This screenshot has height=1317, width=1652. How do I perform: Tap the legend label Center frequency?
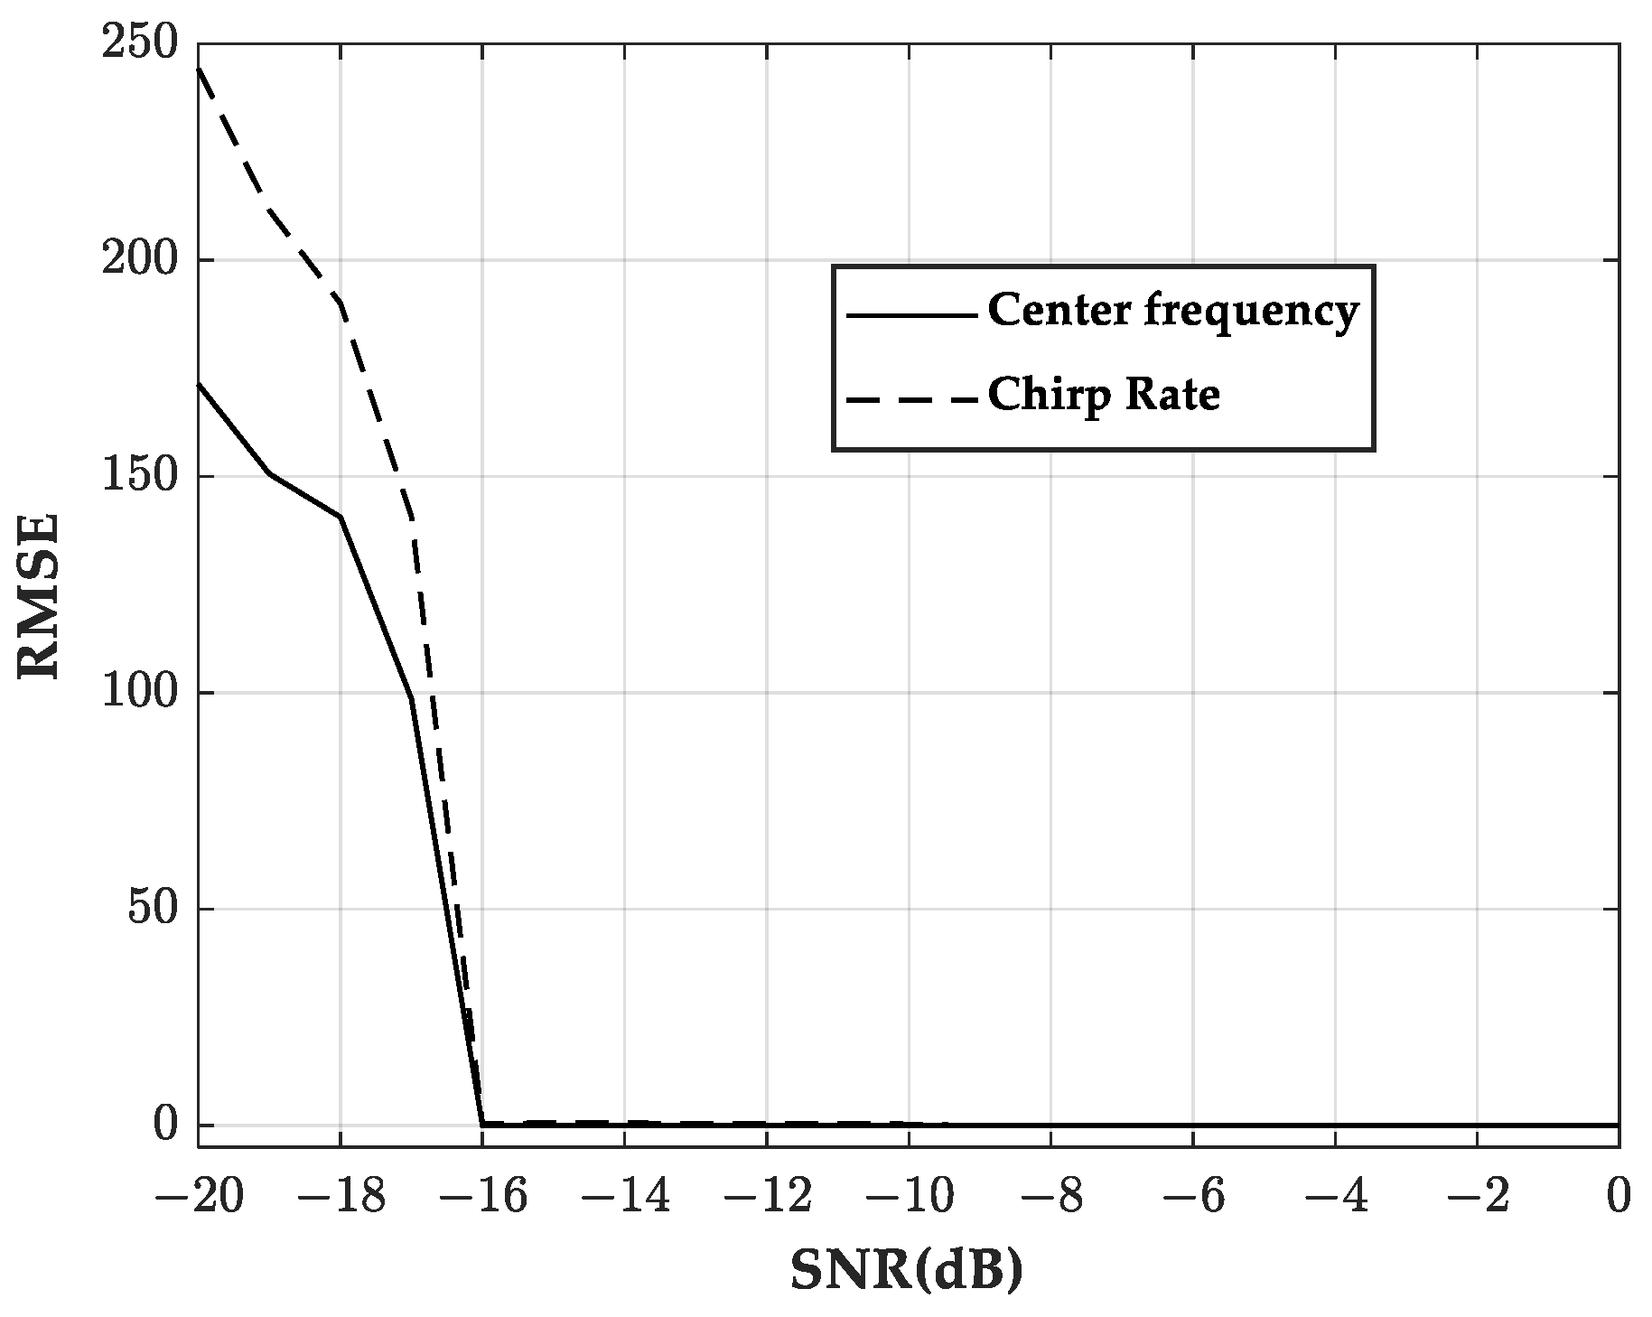(1172, 312)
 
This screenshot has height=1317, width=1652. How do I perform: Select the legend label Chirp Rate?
(1104, 395)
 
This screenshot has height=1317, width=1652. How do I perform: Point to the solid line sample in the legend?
(910, 315)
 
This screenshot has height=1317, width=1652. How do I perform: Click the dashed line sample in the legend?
(910, 398)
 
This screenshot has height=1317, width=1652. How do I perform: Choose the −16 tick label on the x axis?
(481, 1198)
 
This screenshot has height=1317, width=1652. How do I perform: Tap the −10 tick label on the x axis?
(908, 1198)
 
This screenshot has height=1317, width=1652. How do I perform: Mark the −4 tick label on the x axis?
(1334, 1198)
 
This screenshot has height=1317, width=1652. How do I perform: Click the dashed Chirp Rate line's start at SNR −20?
(199, 69)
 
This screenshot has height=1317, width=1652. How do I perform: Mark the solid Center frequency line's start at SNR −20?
(199, 384)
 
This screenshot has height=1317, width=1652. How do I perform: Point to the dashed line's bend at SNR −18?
(341, 303)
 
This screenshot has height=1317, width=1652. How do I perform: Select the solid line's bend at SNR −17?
(411, 698)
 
